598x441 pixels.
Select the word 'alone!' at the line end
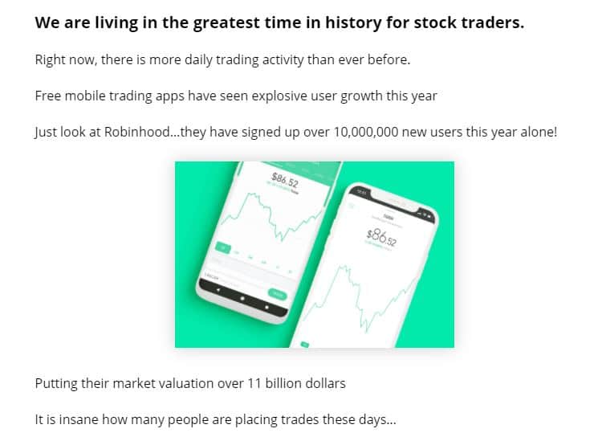point(537,131)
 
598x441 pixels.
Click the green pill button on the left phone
point(278,294)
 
